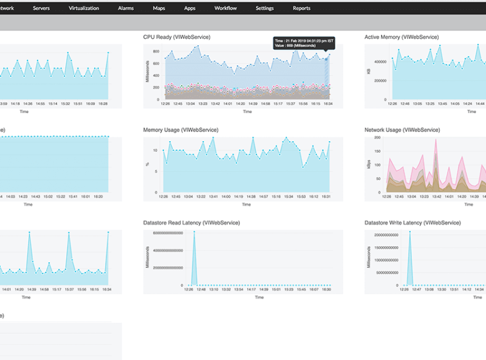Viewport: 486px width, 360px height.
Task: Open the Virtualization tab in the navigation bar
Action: point(84,9)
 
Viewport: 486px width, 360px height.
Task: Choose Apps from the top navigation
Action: point(190,9)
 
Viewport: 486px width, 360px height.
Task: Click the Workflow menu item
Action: point(225,9)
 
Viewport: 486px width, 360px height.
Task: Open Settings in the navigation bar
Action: point(264,9)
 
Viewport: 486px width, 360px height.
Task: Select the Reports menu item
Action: point(301,9)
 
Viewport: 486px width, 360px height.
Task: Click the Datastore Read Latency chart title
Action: point(191,223)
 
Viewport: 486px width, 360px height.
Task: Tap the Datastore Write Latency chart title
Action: point(412,223)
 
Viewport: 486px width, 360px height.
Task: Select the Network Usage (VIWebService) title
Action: point(402,130)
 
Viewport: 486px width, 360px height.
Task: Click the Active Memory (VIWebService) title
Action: point(401,37)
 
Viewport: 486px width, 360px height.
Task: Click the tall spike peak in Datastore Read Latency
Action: point(194,233)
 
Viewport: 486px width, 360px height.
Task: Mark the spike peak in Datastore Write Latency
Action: point(409,233)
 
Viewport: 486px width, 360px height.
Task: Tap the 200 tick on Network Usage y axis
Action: point(376,138)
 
